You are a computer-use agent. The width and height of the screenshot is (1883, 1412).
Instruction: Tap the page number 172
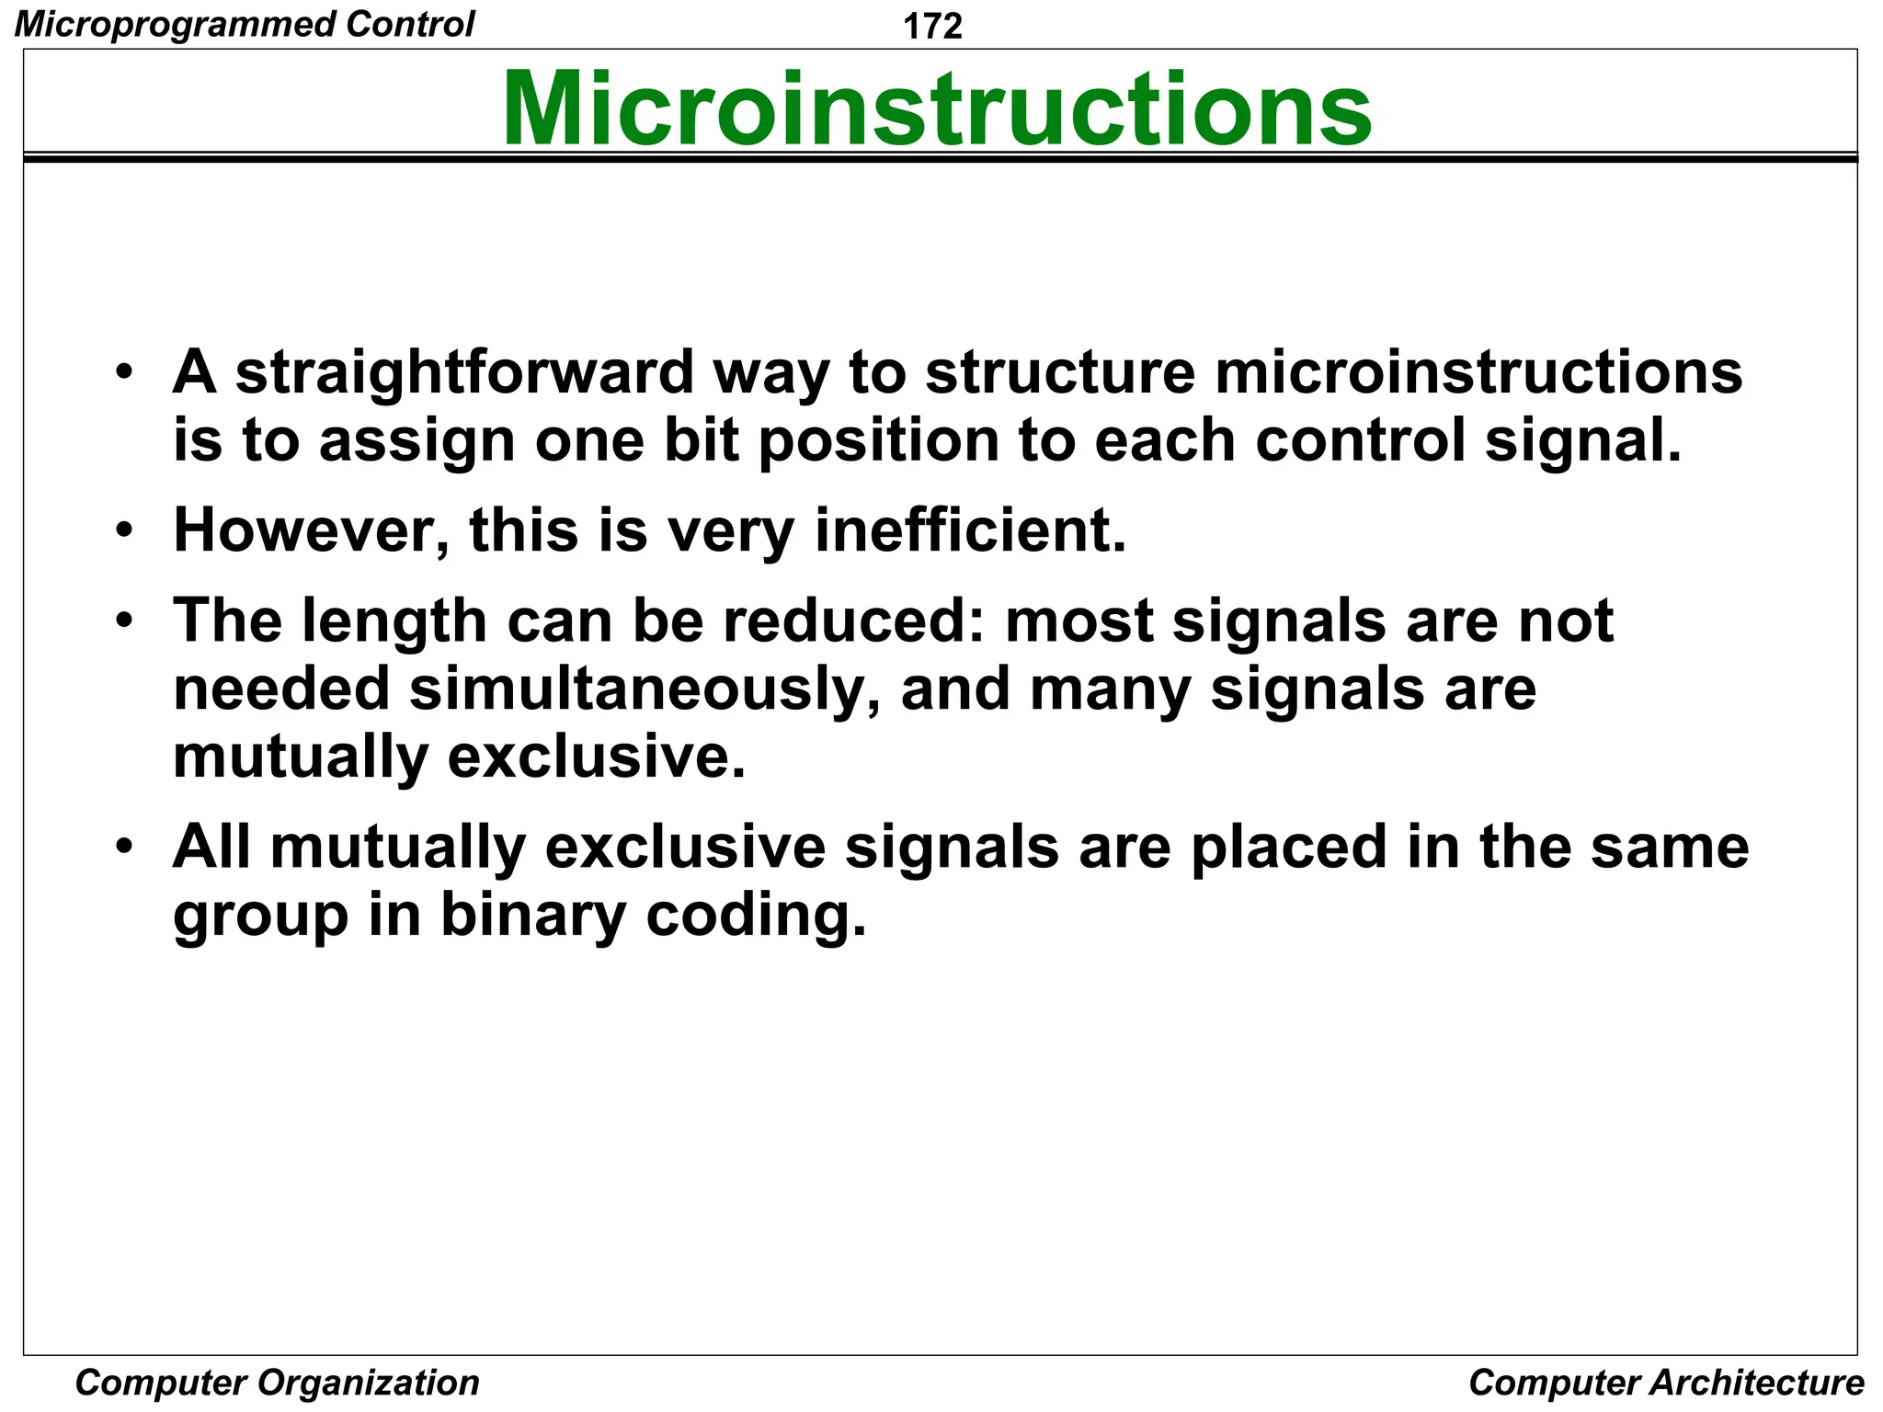pos(932,26)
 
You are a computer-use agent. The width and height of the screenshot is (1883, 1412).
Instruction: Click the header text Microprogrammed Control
pos(245,24)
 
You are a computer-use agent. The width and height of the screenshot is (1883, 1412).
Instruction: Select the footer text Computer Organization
pos(277,1383)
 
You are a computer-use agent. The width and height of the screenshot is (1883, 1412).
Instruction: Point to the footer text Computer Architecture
pos(1666,1383)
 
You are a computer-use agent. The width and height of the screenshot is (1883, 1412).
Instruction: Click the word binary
pos(533,916)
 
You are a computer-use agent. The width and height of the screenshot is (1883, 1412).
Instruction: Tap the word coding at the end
pos(756,916)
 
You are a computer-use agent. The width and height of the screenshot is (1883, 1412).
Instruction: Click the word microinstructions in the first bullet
pos(1478,373)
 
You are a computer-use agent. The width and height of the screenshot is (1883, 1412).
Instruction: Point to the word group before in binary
pos(261,916)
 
